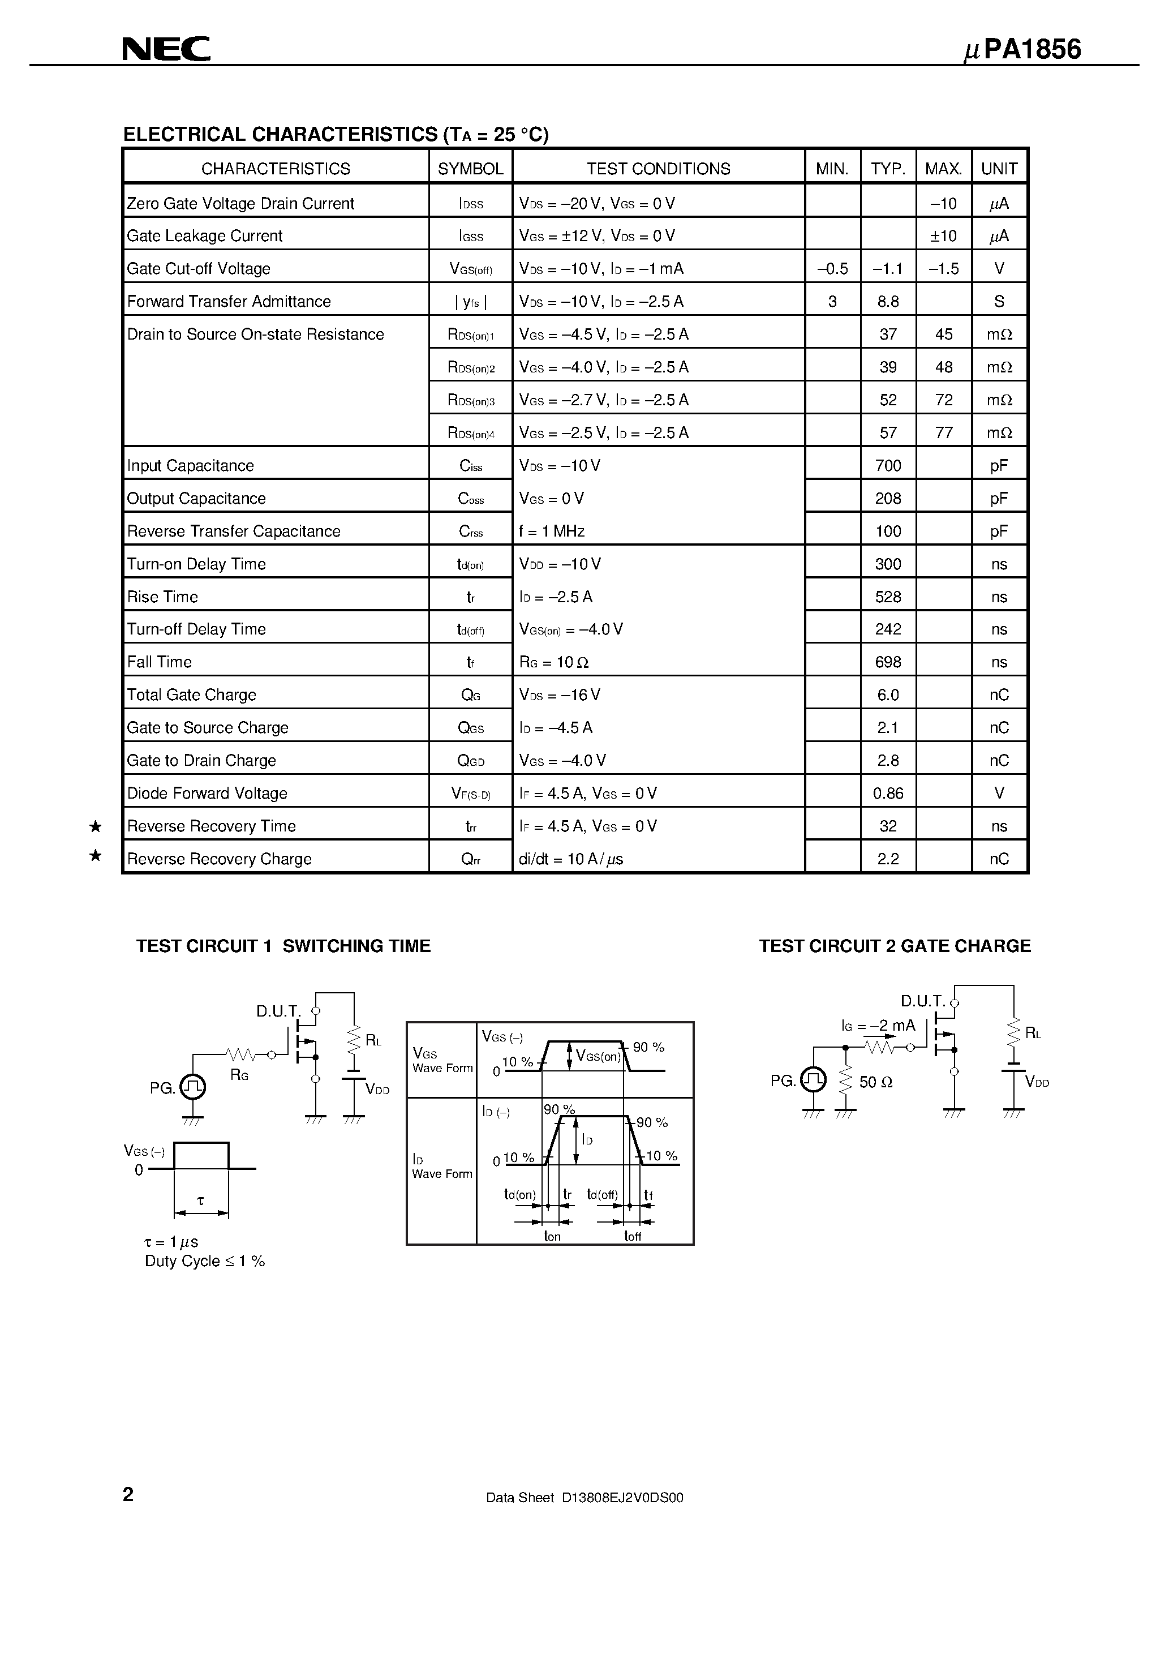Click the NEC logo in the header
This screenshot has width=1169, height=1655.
coord(166,49)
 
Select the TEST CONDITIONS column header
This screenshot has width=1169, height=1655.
coord(658,169)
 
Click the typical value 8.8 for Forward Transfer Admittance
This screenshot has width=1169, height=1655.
coord(888,301)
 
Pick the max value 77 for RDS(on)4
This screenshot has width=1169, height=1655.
coord(943,432)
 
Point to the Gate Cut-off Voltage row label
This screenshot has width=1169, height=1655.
coord(199,268)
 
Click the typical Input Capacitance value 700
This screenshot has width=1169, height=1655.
coord(888,466)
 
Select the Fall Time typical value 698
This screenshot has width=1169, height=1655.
coord(888,662)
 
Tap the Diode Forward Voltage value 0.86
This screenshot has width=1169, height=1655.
coord(888,793)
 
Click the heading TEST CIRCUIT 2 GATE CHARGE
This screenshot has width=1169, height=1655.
coord(895,946)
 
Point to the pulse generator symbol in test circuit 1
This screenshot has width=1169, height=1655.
coord(192,1087)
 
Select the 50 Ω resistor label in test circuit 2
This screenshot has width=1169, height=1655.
coord(876,1082)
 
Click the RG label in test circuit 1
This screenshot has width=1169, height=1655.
coord(239,1075)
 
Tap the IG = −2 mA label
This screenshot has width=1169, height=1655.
coord(878,1025)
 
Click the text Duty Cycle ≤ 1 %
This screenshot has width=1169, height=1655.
coord(205,1260)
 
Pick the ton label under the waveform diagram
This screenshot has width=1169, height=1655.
coord(552,1236)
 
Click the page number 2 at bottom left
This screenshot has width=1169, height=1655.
coord(128,1494)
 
